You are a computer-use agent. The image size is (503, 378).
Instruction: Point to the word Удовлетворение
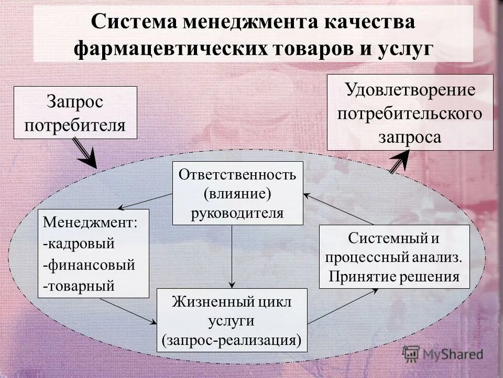(x=410, y=89)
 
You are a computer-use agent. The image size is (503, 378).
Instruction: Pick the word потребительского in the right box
(x=410, y=113)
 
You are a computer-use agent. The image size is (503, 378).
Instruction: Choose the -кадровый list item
(x=79, y=244)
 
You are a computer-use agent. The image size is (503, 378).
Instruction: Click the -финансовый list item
(x=89, y=265)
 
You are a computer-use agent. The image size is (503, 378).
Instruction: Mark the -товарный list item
(x=79, y=287)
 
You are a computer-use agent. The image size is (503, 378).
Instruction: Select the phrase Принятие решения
(x=394, y=277)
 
